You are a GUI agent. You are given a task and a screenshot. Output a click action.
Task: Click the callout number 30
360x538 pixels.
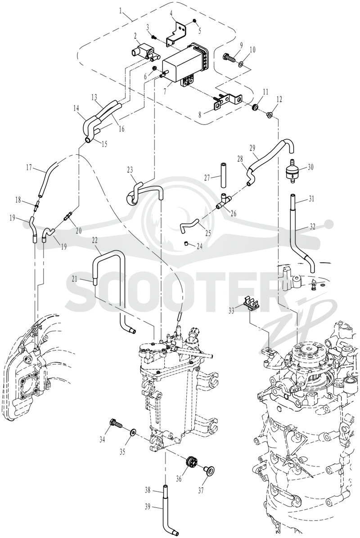point(310,167)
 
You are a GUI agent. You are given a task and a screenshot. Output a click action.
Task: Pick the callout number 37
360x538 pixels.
point(201,491)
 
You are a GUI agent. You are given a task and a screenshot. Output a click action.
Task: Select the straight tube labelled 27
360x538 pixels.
point(223,175)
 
